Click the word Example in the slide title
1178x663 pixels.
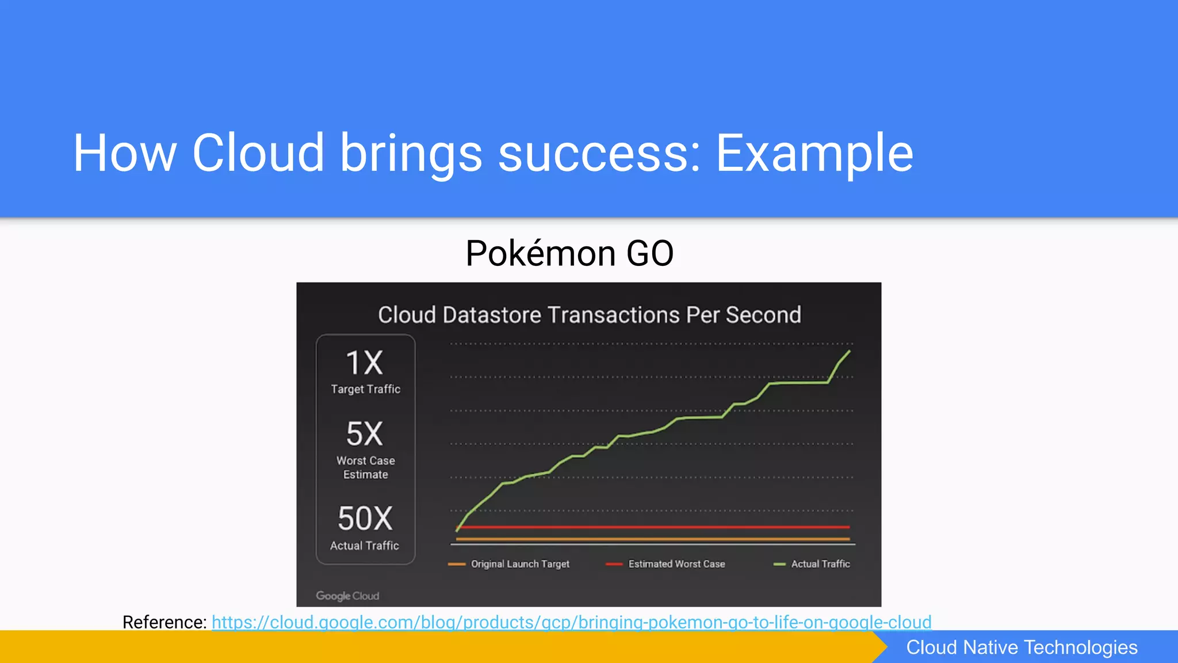click(x=814, y=153)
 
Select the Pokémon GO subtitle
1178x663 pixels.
click(x=569, y=253)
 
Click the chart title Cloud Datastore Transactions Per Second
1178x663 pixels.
click(x=589, y=315)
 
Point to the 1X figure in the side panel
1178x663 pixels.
click(x=365, y=364)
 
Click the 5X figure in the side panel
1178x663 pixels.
click(x=365, y=434)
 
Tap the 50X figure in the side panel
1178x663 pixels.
click(x=365, y=519)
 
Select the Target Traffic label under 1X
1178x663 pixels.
click(x=365, y=389)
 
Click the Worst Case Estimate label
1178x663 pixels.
click(x=365, y=467)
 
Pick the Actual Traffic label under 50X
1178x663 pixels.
click(x=365, y=546)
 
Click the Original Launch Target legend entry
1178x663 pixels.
click(x=519, y=564)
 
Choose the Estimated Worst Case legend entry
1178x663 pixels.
click(x=676, y=564)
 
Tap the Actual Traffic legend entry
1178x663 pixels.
click(x=820, y=564)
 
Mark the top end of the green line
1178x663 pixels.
click(x=849, y=351)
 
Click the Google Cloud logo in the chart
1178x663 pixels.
click(x=347, y=596)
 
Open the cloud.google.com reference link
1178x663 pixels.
click(x=571, y=622)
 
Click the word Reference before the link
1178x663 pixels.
click(x=164, y=622)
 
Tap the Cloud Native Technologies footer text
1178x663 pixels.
click(x=1022, y=647)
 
